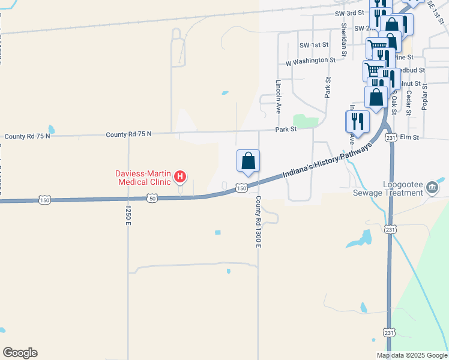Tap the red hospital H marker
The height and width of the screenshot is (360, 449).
(179, 177)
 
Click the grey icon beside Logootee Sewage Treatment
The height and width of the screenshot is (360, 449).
(432, 188)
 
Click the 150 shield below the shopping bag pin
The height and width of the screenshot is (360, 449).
(241, 188)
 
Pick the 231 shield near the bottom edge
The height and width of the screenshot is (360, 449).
(389, 332)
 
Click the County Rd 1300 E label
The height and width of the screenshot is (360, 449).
(259, 221)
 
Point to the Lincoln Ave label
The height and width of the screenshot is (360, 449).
(279, 97)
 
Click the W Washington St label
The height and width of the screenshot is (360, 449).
(310, 61)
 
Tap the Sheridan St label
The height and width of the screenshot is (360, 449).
(343, 37)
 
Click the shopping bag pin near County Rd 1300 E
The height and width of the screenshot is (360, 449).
(248, 161)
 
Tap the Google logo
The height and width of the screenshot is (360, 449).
(20, 353)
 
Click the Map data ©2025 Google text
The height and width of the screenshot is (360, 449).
(412, 355)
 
